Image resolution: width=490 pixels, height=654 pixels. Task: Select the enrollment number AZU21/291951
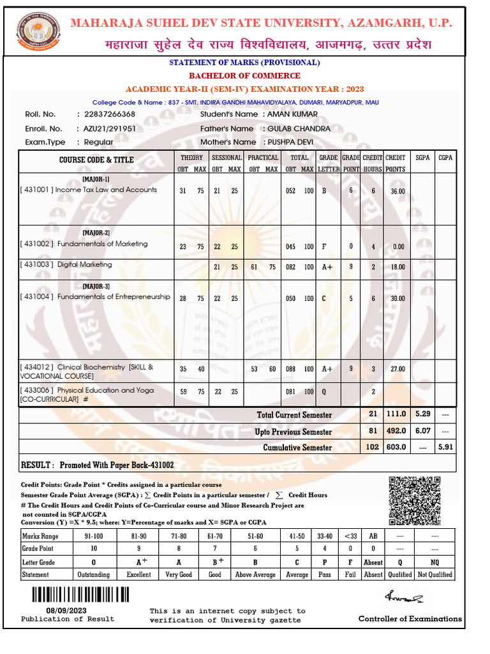110,128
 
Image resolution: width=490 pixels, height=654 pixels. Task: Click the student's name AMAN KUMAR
292,114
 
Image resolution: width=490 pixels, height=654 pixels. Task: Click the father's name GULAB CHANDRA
299,128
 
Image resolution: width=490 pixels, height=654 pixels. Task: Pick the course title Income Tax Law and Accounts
106,190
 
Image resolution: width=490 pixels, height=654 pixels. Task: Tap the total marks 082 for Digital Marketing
291,268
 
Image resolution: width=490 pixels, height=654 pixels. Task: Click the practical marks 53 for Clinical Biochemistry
255,369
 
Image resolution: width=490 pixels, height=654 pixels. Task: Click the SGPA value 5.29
422,414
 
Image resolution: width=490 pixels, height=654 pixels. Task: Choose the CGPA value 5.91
445,447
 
